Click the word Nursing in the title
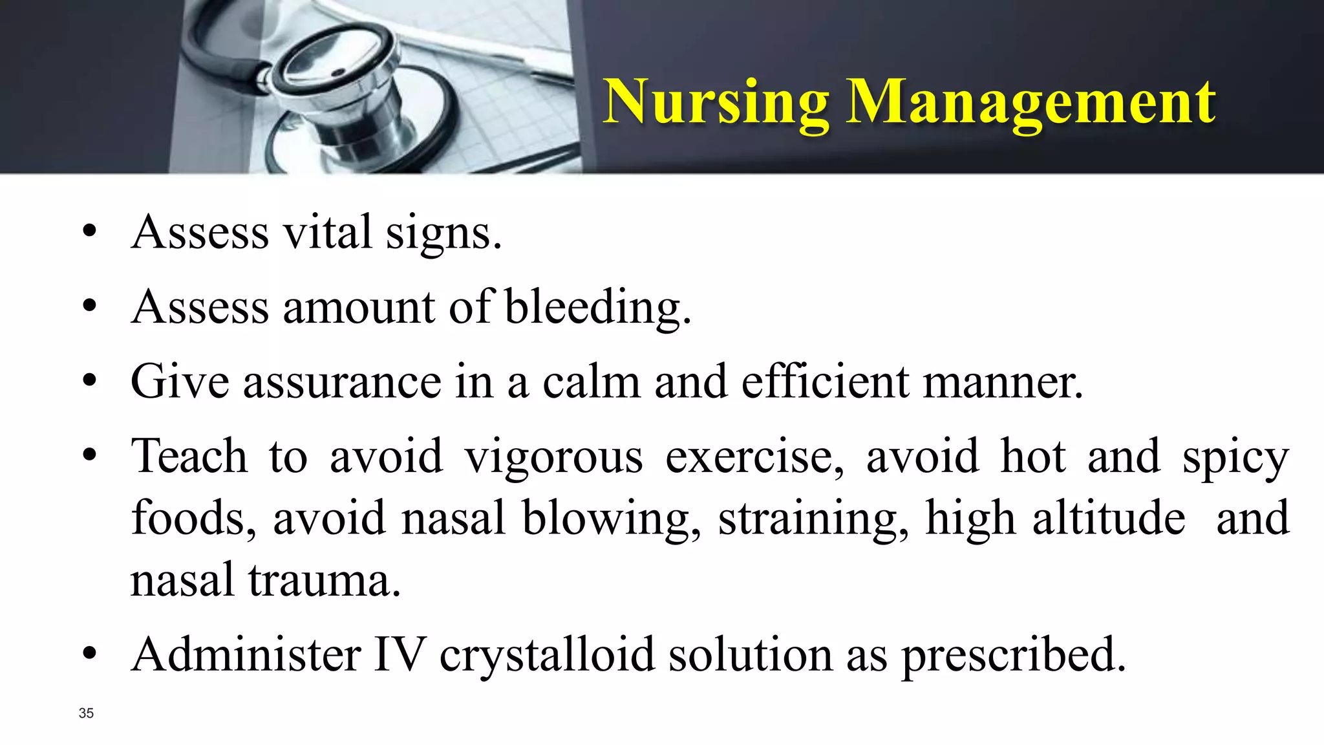tap(716, 102)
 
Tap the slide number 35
tap(86, 713)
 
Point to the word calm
tap(591, 381)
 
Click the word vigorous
tap(553, 457)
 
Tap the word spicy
tap(1235, 457)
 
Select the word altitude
tap(1109, 518)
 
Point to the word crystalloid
tap(547, 654)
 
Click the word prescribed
tap(1013, 654)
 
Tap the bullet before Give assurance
tap(90, 381)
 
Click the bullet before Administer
tap(90, 654)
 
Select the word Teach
tap(189, 457)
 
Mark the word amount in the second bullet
tap(359, 307)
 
